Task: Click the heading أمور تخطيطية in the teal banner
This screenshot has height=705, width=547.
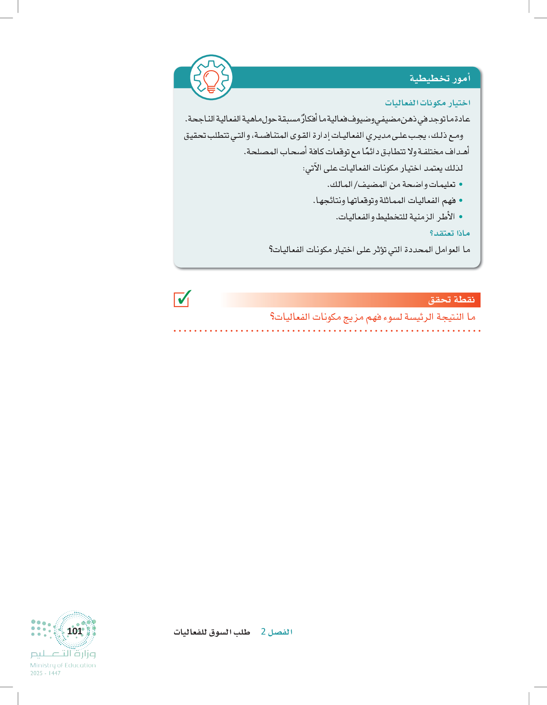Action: pyautogui.click(x=440, y=78)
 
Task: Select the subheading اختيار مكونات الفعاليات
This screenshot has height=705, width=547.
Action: pyautogui.click(x=427, y=103)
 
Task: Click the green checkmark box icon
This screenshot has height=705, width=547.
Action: pyautogui.click(x=182, y=299)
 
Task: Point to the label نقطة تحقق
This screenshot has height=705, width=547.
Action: pyautogui.click(x=452, y=300)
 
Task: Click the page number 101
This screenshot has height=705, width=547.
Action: pyautogui.click(x=74, y=631)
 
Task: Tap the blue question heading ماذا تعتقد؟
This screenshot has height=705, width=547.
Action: pyautogui.click(x=449, y=233)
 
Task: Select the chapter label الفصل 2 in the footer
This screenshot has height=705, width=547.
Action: pyautogui.click(x=277, y=632)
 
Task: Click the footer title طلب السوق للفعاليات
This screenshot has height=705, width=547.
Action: pyautogui.click(x=212, y=632)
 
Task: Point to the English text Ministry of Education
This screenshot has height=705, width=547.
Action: pyautogui.click(x=63, y=665)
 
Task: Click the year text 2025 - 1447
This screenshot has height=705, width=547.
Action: pyautogui.click(x=45, y=673)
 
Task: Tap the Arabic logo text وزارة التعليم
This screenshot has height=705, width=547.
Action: pyautogui.click(x=63, y=654)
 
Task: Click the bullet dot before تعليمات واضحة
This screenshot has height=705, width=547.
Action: pyautogui.click(x=461, y=184)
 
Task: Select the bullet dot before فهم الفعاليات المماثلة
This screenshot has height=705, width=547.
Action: pyautogui.click(x=461, y=201)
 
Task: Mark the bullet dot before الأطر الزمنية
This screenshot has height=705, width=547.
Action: pyautogui.click(x=461, y=217)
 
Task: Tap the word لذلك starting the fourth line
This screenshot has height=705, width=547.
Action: pyautogui.click(x=454, y=168)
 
